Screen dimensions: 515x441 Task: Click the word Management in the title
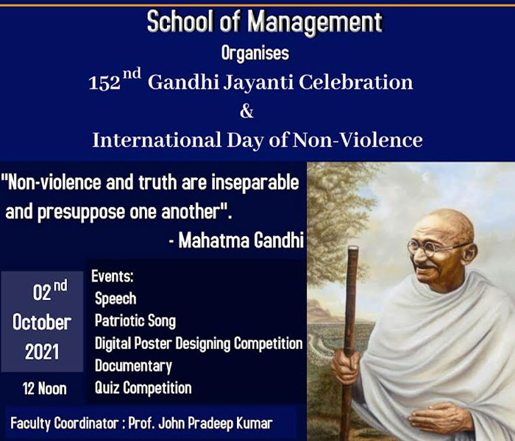[x=315, y=22]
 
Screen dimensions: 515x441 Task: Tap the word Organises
[x=255, y=53]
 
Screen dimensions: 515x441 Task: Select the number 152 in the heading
[x=104, y=83]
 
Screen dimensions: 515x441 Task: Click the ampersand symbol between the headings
[x=246, y=111]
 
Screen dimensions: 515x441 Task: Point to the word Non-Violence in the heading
[x=358, y=140]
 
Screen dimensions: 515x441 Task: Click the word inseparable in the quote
[x=255, y=183]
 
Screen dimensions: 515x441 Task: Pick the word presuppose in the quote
[x=81, y=212]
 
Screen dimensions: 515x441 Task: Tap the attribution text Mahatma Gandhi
[x=241, y=240]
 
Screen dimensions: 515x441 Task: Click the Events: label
[x=113, y=276]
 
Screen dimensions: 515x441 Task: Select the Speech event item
[x=116, y=298]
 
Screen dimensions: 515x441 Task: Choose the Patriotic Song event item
[x=135, y=321]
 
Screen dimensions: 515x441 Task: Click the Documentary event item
[x=133, y=366]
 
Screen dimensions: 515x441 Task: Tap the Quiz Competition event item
[x=143, y=388]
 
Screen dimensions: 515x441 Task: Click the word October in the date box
[x=42, y=322]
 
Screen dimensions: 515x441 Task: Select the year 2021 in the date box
[x=42, y=352]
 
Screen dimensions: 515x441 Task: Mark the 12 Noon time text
[x=45, y=389]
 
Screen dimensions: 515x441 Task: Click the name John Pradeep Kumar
[x=216, y=423]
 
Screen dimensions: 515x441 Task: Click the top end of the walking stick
[x=353, y=248]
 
